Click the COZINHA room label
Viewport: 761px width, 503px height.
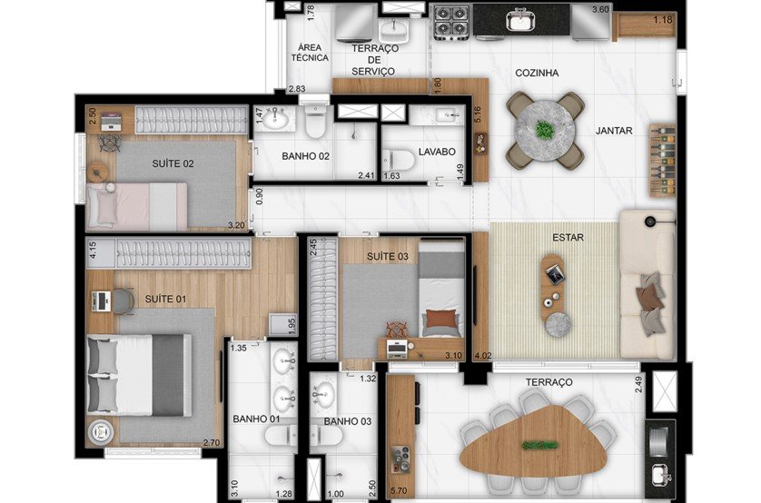[536, 73]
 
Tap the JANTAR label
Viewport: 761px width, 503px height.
[614, 131]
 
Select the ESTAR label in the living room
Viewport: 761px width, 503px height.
[567, 238]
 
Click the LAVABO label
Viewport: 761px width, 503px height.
[437, 153]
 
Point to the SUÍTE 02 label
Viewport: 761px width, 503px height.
[173, 164]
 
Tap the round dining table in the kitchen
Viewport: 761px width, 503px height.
[545, 131]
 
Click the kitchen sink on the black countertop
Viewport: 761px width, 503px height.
[521, 19]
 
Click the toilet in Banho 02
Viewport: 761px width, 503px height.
[315, 120]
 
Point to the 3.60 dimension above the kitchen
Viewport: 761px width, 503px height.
[600, 9]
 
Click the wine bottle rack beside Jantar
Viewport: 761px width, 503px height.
[662, 159]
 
